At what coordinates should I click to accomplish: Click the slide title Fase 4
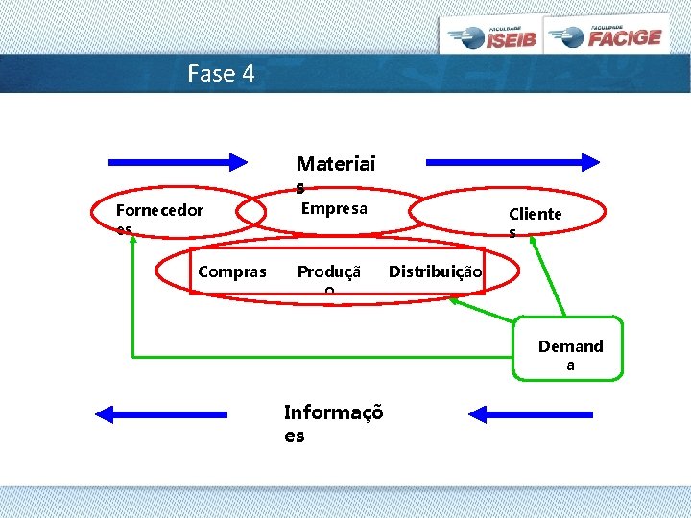click(222, 73)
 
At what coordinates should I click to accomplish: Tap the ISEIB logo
click(491, 36)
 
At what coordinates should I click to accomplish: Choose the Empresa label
click(334, 208)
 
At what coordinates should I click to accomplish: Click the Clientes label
click(535, 222)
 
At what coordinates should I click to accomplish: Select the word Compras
click(232, 271)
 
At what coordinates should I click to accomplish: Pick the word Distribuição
click(435, 271)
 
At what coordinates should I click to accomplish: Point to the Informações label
click(333, 423)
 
